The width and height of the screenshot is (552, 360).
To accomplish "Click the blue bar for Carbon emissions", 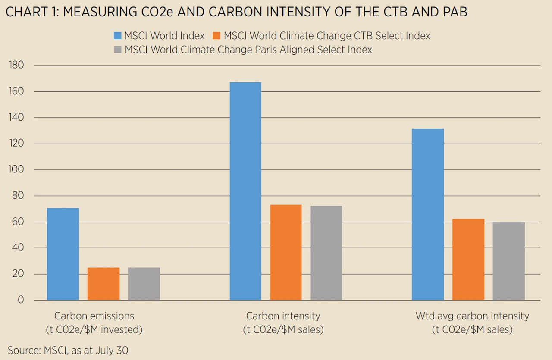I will click(x=63, y=254).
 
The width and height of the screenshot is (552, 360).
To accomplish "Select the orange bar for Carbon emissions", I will click(x=103, y=284).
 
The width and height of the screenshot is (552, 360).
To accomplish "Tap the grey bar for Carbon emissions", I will click(x=144, y=284).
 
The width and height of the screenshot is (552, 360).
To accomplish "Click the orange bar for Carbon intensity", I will click(x=286, y=252).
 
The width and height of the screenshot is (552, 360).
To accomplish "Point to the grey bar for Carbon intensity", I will click(x=326, y=253).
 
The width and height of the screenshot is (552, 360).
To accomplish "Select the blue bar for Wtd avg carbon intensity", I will click(x=428, y=214).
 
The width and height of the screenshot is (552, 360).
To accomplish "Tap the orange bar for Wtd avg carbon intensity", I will click(x=468, y=259).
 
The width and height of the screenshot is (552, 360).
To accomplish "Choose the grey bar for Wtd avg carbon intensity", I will click(x=509, y=261).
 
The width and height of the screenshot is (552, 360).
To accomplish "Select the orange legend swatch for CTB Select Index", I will click(x=216, y=36).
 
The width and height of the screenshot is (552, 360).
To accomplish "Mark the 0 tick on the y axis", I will click(x=21, y=300).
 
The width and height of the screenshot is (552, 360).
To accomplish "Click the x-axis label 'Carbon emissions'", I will click(x=94, y=316).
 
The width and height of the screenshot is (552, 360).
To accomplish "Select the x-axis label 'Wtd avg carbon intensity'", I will click(x=472, y=316).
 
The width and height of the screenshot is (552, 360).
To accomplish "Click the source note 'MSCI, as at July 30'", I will click(x=86, y=350).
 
